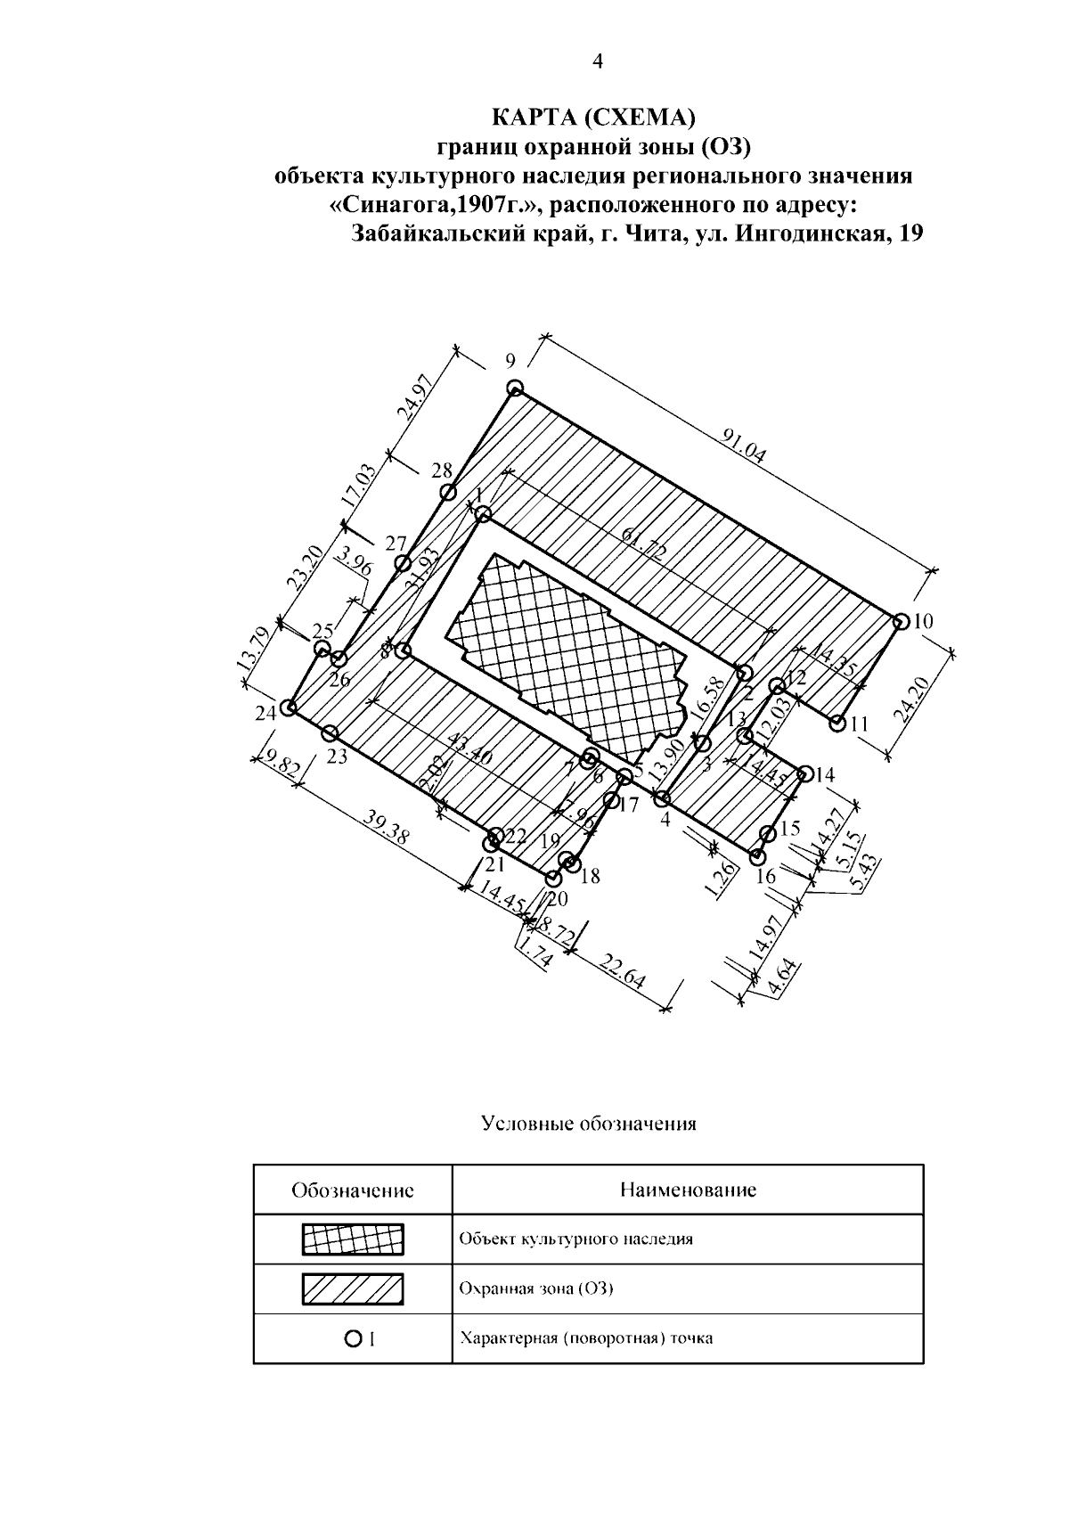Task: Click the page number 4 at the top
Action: [x=598, y=61]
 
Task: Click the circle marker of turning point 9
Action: [x=515, y=388]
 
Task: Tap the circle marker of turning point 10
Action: [x=900, y=621]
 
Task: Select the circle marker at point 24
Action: [x=288, y=707]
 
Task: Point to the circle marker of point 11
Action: [x=837, y=724]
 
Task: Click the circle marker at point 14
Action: [x=805, y=773]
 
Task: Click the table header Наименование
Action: [x=688, y=1190]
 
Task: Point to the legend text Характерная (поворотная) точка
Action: [x=585, y=1338]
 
